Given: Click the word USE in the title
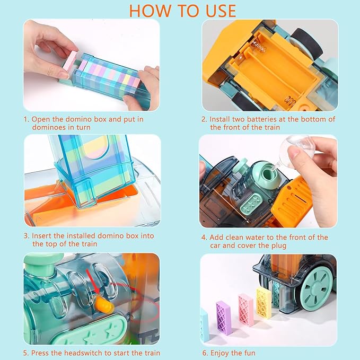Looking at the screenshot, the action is click(x=221, y=11).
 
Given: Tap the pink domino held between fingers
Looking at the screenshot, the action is click(x=71, y=60).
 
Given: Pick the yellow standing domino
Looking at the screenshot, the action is click(x=264, y=300).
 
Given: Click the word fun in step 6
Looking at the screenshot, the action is click(x=250, y=353).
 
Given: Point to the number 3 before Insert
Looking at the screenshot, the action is click(x=26, y=236).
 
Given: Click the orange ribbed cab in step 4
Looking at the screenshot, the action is click(x=292, y=199).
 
